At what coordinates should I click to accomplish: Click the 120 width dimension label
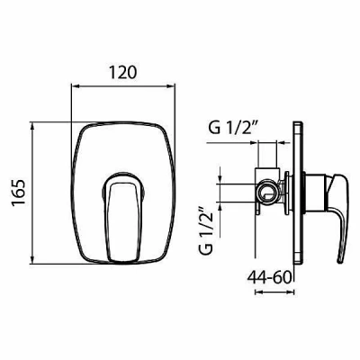122,73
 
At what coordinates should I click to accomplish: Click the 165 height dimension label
19,193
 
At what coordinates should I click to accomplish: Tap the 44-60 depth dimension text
269,277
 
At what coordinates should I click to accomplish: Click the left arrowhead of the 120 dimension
75,86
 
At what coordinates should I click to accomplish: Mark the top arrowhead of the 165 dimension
32,126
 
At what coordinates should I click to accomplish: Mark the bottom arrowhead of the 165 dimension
32,260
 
